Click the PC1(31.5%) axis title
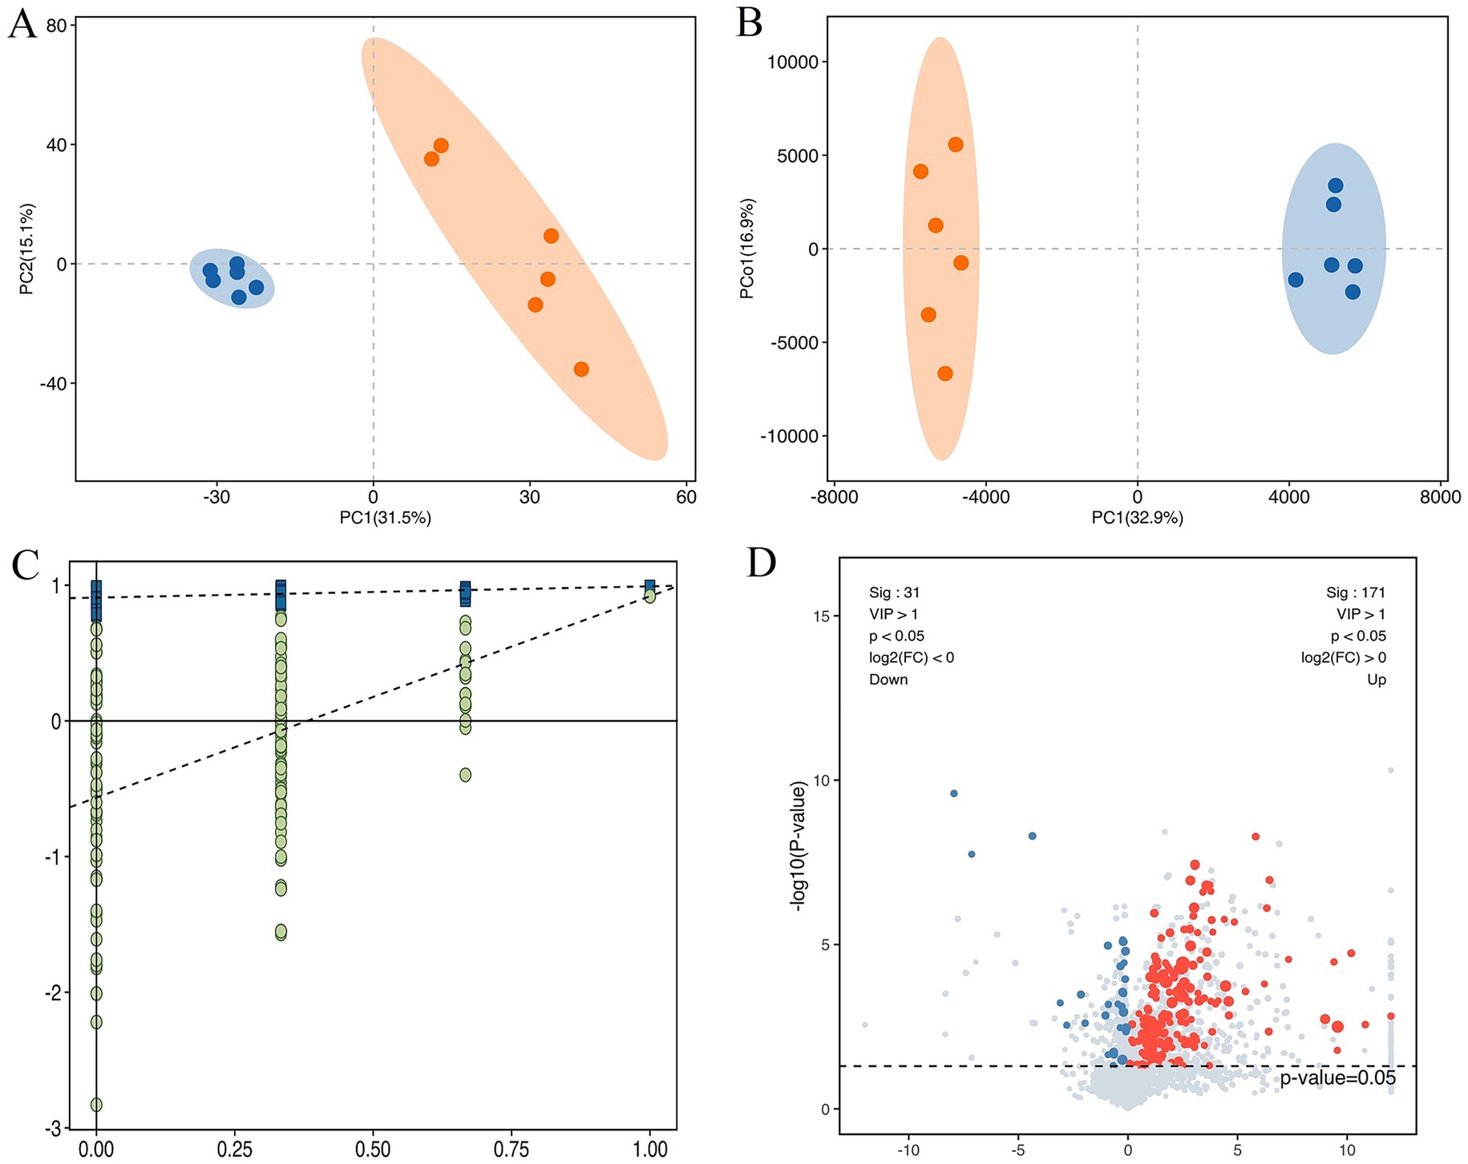[x=385, y=518]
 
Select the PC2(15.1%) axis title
[x=27, y=249]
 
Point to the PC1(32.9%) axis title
[x=1137, y=518]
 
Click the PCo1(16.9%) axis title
[x=747, y=249]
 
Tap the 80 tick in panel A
[x=56, y=26]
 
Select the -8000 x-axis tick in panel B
[x=834, y=497]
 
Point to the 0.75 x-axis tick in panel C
[x=512, y=1150]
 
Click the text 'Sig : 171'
[x=1355, y=593]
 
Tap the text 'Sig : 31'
[x=894, y=593]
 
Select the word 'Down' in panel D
[x=888, y=680]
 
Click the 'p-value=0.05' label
[x=1337, y=1078]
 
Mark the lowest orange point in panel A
[x=581, y=370]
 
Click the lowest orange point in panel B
[x=945, y=374]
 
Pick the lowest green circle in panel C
[x=96, y=1105]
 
